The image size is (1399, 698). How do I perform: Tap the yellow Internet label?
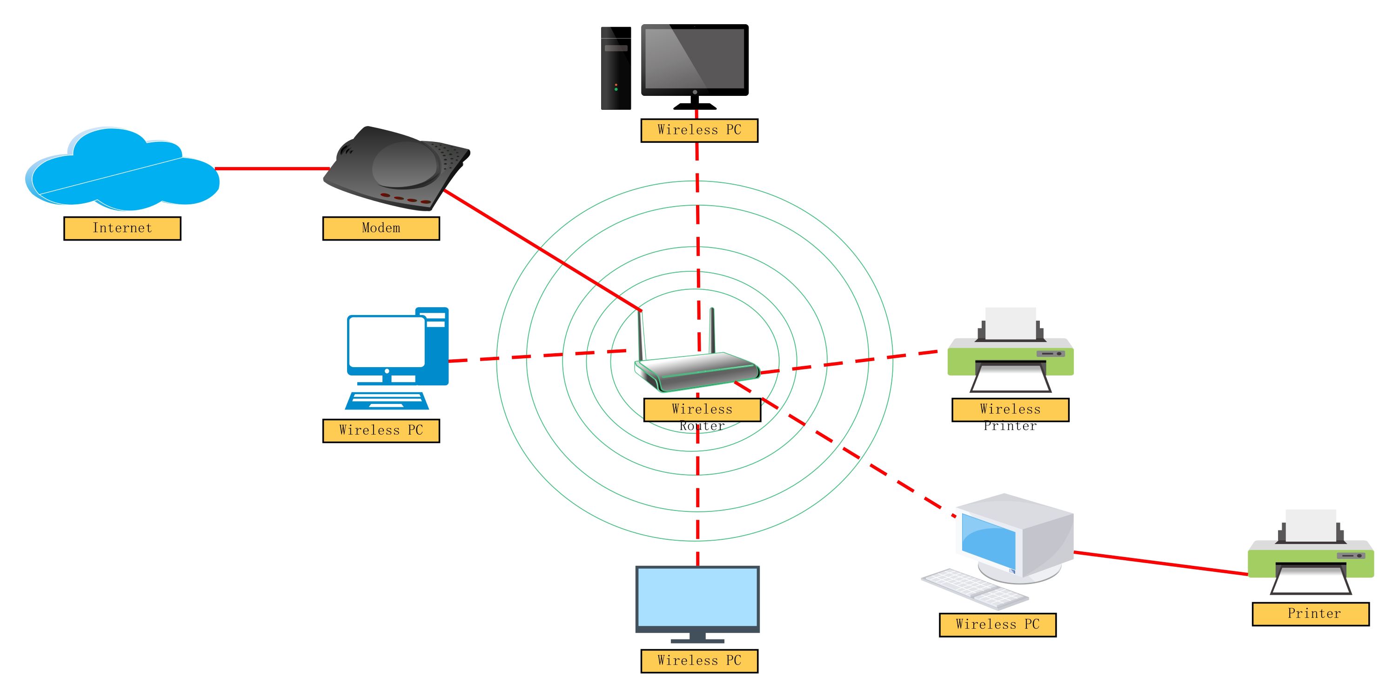(x=122, y=228)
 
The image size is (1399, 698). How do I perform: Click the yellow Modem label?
(x=381, y=228)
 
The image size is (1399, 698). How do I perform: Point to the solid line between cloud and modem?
(x=272, y=168)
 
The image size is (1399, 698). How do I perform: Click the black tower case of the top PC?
(x=616, y=68)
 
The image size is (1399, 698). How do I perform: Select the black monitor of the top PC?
(x=695, y=60)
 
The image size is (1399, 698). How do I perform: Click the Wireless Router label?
(x=702, y=410)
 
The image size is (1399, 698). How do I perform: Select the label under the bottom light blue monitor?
(x=699, y=661)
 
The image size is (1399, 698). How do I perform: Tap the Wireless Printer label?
(x=1010, y=410)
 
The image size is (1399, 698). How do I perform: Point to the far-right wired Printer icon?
(x=1311, y=554)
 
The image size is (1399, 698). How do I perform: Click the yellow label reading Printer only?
(x=1311, y=614)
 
